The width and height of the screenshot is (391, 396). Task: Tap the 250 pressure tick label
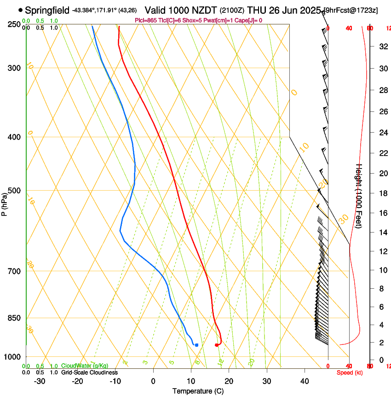tap(14, 24)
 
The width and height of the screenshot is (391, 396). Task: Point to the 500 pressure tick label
tap(14, 191)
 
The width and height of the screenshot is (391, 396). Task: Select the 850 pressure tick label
tap(14, 318)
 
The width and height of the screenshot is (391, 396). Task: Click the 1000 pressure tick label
tap(12, 357)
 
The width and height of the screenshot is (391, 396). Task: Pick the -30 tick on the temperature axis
tap(40, 381)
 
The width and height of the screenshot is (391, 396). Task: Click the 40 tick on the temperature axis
tap(305, 381)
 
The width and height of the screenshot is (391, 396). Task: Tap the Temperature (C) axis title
tap(198, 391)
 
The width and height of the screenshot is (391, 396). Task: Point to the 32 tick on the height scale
tap(382, 47)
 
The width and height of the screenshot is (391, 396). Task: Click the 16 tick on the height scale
tap(382, 213)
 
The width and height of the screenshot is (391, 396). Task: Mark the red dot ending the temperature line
tap(217, 345)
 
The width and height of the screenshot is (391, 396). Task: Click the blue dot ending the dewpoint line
tap(196, 345)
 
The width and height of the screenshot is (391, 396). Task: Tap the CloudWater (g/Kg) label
tap(85, 366)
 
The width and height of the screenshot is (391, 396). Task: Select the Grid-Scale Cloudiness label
tap(89, 373)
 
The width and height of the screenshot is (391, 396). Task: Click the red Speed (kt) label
tap(349, 373)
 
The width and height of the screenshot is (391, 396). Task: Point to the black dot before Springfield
tap(20, 10)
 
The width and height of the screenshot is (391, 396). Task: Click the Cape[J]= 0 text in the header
tap(250, 20)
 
